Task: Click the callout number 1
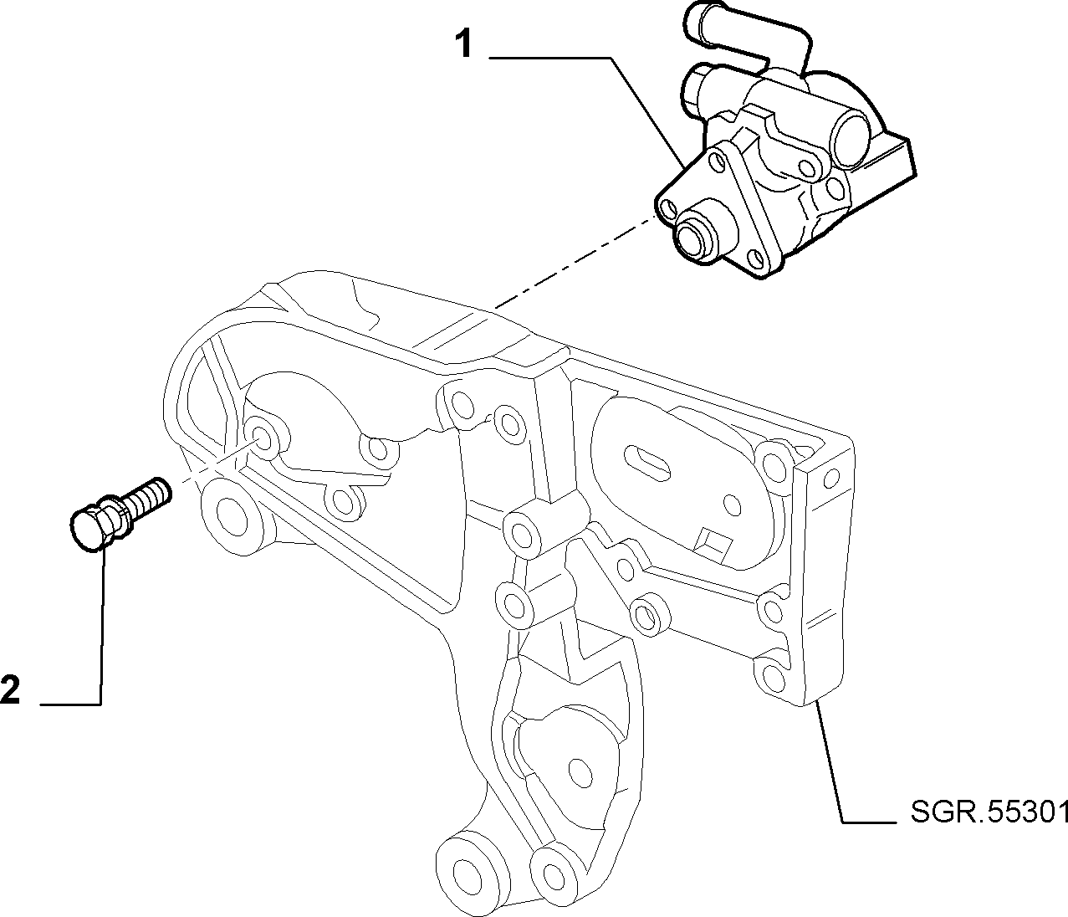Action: coord(464,44)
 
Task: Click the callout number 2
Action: coord(10,689)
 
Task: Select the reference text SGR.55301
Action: coord(989,826)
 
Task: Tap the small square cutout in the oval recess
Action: coord(713,546)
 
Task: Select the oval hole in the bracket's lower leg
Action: coord(580,773)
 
